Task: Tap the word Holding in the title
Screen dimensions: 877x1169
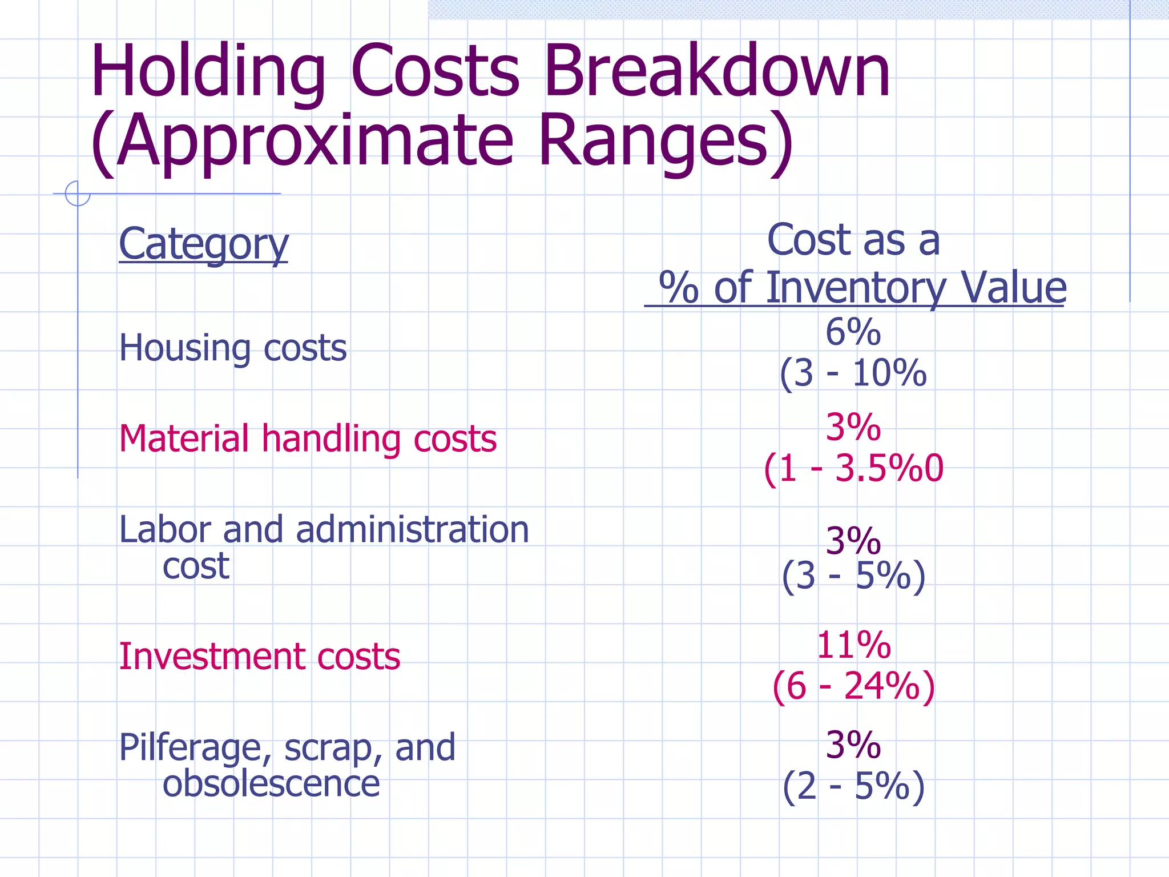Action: [x=207, y=73]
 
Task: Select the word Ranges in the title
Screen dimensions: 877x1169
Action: [x=665, y=140]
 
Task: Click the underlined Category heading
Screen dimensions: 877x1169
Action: [x=203, y=244]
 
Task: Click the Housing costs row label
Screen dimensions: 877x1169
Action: [x=232, y=348]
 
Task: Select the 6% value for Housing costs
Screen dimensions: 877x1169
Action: [x=853, y=332]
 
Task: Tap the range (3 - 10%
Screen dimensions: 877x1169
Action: [x=853, y=373]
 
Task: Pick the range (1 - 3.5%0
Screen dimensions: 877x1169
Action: [x=853, y=469]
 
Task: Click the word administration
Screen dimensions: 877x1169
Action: [x=412, y=529]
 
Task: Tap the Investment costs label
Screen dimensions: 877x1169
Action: [x=259, y=656]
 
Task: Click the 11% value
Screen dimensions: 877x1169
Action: [x=853, y=645]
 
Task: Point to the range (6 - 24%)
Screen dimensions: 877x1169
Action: [x=853, y=686]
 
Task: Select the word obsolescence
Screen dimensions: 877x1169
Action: [x=271, y=784]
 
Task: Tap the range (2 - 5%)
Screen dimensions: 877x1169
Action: [x=853, y=786]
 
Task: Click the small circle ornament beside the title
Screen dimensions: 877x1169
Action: [x=78, y=193]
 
